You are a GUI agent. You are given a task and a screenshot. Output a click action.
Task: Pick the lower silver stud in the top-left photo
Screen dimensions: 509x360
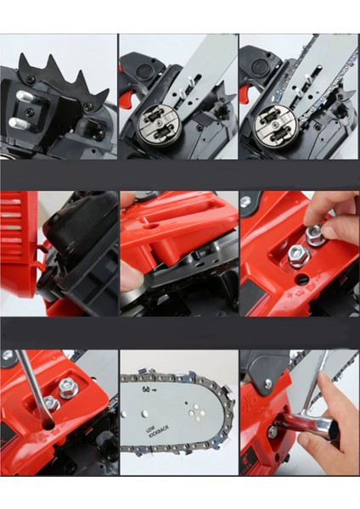(x=18, y=123)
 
